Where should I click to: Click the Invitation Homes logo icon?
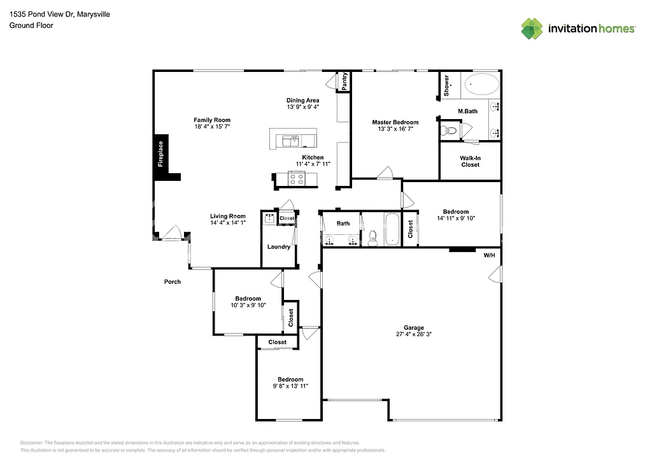[x=532, y=28]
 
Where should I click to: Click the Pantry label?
[x=344, y=82]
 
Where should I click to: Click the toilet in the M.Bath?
[x=450, y=131]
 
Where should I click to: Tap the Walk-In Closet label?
[x=470, y=161]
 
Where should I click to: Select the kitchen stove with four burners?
[x=296, y=178]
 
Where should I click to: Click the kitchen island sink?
[x=294, y=137]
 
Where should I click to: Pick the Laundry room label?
[x=279, y=247]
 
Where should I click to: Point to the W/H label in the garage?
[x=489, y=255]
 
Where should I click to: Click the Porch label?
[x=173, y=281]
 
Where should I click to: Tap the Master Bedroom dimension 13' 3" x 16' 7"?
[x=395, y=129]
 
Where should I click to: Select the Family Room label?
[x=212, y=120]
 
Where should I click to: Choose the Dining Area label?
[x=302, y=100]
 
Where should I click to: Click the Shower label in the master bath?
[x=446, y=85]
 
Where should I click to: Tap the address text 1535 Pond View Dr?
[x=41, y=14]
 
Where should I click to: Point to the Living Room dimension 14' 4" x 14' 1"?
[x=228, y=223]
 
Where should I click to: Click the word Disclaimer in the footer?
[x=31, y=443]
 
